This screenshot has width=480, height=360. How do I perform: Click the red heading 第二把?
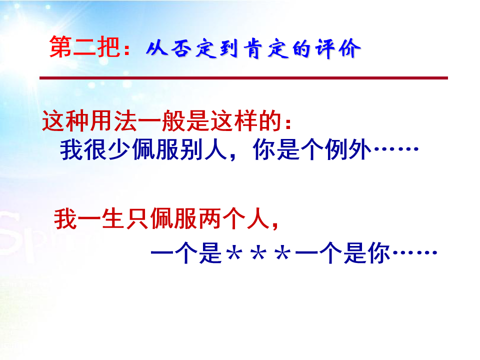click(84, 46)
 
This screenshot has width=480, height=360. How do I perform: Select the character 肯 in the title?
click(253, 48)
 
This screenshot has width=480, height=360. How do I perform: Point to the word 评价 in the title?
click(338, 48)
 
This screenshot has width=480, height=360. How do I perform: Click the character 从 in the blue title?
click(157, 48)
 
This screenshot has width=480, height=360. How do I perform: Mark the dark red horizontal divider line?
click(243, 78)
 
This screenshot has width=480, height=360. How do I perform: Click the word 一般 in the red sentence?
click(162, 121)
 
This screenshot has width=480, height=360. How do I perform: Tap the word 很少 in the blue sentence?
click(108, 149)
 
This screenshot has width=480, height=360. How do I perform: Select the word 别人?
click(203, 149)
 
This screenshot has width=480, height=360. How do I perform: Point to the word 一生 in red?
click(89, 219)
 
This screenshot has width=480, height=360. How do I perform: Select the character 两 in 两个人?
click(209, 219)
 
